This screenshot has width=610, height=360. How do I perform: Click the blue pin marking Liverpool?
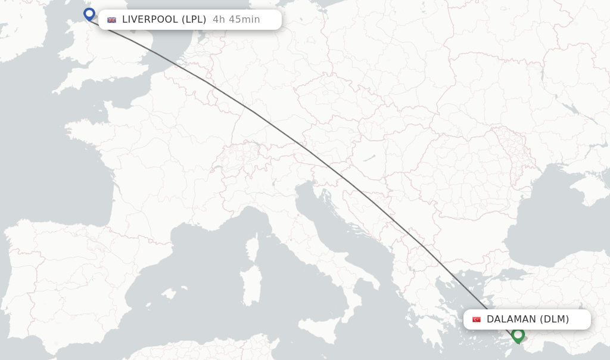pos(89,14)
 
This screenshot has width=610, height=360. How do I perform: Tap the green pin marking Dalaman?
pos(518,334)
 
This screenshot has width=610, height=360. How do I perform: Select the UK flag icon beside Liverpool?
pos(111,20)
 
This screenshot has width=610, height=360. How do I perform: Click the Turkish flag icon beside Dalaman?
pos(477,319)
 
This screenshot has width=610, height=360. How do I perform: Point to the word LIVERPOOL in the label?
pos(150,19)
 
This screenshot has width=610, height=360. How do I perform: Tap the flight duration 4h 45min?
pos(236,19)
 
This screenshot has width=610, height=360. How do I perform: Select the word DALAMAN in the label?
pos(511,319)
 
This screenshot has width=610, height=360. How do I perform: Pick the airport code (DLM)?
pos(555,319)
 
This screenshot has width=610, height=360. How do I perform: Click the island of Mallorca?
pos(169,294)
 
